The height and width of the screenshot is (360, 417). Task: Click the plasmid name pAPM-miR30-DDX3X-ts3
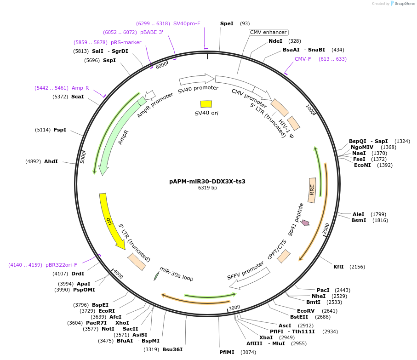click(x=207, y=181)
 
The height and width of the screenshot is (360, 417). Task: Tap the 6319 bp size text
click(x=207, y=188)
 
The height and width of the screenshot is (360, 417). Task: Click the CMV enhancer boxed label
click(x=268, y=32)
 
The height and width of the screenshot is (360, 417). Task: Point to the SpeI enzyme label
click(x=227, y=23)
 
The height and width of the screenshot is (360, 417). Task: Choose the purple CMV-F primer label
click(x=303, y=59)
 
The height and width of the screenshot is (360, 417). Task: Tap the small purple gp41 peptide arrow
click(x=305, y=223)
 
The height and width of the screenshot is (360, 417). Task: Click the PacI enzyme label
click(x=323, y=290)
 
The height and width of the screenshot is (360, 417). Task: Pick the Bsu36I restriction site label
click(x=172, y=349)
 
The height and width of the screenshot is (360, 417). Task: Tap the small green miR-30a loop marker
click(x=156, y=276)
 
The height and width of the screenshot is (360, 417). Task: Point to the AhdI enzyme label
click(x=51, y=161)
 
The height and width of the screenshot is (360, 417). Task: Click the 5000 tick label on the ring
click(x=83, y=157)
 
